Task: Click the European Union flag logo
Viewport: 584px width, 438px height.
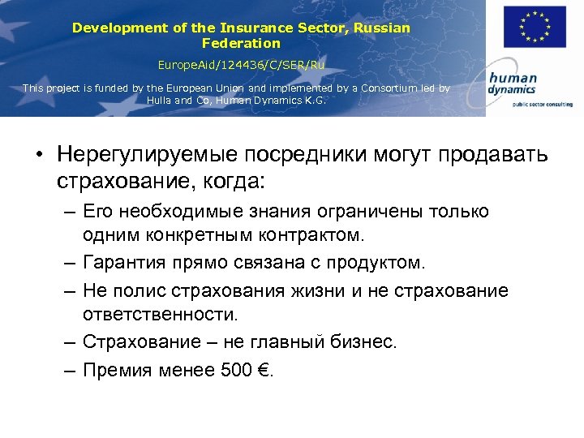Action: (535, 27)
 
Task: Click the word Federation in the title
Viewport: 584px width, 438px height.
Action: (241, 43)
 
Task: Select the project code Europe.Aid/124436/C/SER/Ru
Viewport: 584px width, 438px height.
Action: (242, 63)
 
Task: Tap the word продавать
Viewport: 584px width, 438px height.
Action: (495, 155)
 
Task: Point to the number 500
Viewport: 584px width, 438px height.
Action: (237, 370)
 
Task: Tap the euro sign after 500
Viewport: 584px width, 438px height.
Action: (264, 370)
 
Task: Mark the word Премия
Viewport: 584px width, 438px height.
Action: (122, 370)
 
